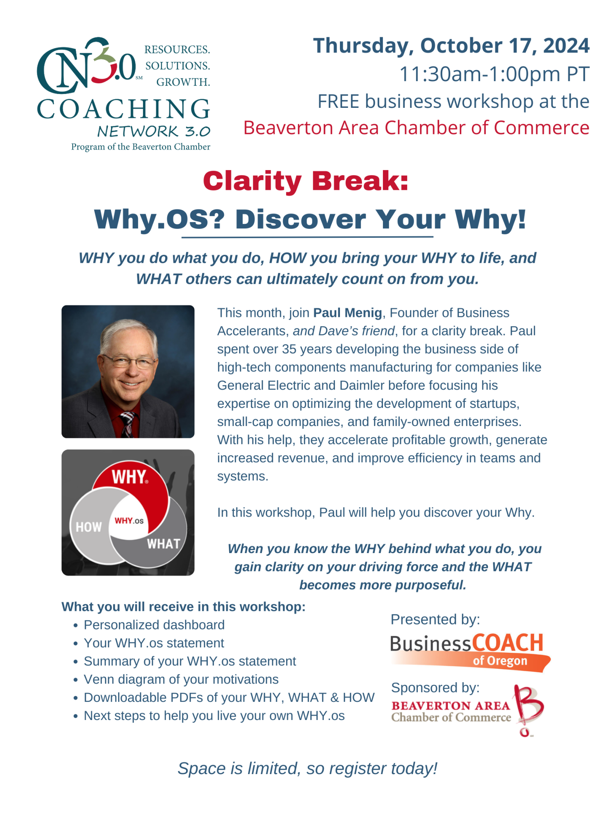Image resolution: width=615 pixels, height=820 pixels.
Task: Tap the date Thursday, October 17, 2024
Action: pyautogui.click(x=451, y=46)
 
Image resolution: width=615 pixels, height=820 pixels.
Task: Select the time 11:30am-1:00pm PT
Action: pyautogui.click(x=494, y=74)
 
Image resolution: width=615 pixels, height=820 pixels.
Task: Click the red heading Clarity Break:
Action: pyautogui.click(x=306, y=181)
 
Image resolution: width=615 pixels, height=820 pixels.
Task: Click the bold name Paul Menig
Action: pyautogui.click(x=348, y=313)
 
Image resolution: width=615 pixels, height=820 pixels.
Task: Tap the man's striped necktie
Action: pyautogui.click(x=128, y=424)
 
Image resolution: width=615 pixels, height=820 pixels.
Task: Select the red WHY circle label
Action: pyautogui.click(x=130, y=477)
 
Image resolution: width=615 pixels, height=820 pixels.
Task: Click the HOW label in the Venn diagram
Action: pyautogui.click(x=89, y=527)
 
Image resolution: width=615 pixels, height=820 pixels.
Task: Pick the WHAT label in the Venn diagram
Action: pyautogui.click(x=164, y=544)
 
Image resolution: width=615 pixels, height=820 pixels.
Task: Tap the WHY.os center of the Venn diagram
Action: pyautogui.click(x=129, y=521)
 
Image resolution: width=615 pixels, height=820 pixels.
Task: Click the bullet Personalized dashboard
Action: pyautogui.click(x=154, y=625)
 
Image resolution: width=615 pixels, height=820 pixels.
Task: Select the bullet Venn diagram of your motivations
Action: pyautogui.click(x=181, y=679)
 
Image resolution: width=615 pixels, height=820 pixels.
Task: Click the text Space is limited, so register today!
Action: pyautogui.click(x=307, y=768)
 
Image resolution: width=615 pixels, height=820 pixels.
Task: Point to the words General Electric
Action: pyautogui.click(x=264, y=385)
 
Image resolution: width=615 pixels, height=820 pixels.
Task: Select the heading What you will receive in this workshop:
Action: pyautogui.click(x=184, y=607)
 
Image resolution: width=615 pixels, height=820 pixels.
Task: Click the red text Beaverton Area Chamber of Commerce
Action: pyautogui.click(x=417, y=128)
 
